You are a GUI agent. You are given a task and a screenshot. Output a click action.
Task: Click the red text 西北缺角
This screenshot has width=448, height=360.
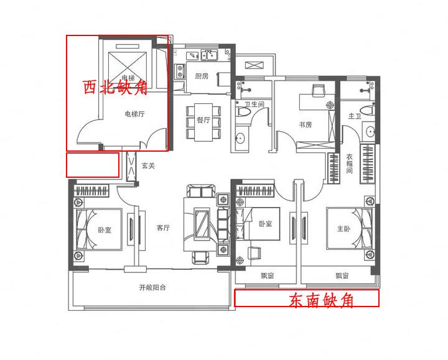point(115,87)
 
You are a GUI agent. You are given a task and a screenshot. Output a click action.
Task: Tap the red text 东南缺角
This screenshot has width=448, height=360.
point(321,300)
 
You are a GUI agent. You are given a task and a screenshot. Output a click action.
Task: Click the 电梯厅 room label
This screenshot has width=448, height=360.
point(134,114)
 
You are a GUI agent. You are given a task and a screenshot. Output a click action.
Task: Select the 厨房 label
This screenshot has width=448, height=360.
point(202,76)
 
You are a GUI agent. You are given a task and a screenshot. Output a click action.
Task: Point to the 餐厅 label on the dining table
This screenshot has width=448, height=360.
point(203,120)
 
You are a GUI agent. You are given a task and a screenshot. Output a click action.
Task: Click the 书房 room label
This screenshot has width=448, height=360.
point(305,124)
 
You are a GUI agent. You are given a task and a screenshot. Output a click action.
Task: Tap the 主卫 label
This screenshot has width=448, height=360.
point(355,116)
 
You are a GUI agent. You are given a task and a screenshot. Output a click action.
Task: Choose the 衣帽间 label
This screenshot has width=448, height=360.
point(350,164)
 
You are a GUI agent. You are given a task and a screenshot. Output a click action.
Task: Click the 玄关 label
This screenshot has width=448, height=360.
point(148,165)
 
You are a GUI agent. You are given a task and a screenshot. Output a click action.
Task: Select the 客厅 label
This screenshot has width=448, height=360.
point(163,228)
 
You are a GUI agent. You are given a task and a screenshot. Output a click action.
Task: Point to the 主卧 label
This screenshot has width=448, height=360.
point(343,228)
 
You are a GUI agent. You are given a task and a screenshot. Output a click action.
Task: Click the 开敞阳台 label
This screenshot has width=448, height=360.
point(152,287)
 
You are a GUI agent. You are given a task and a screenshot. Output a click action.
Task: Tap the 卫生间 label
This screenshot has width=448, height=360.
point(254,104)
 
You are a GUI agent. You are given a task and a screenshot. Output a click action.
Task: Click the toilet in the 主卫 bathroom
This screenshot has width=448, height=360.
point(368,110)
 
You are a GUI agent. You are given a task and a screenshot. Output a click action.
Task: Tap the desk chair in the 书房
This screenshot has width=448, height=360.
point(319,90)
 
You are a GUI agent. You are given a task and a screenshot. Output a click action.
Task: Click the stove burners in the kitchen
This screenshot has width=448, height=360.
point(180,71)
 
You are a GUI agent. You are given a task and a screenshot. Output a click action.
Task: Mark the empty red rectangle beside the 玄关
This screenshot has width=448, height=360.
point(93,165)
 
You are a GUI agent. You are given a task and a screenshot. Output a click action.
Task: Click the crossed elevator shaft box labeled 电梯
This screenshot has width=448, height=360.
point(128,67)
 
